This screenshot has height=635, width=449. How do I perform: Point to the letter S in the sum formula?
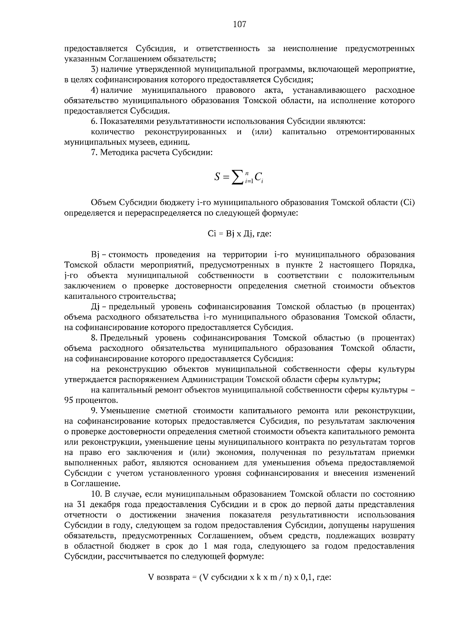[x=218, y=177]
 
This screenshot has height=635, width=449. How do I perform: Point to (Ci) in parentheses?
[x=407, y=203]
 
